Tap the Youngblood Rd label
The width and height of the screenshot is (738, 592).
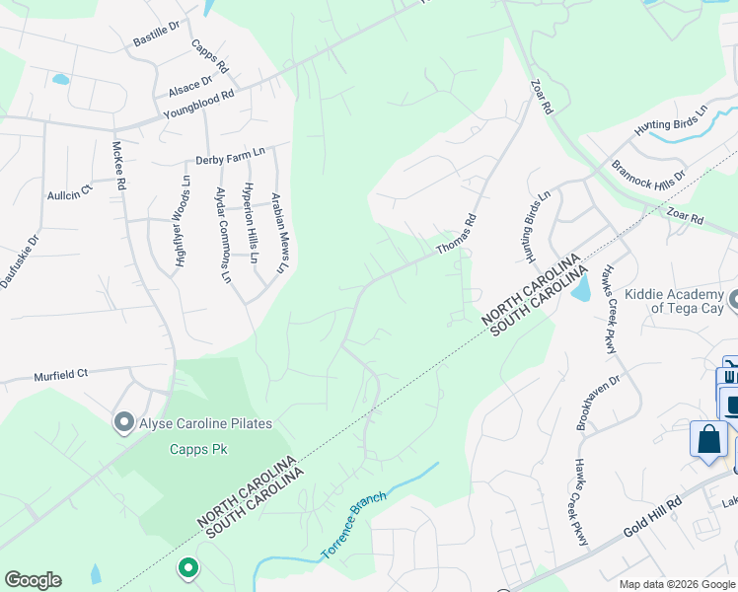point(200,103)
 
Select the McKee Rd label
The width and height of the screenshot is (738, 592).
point(118,167)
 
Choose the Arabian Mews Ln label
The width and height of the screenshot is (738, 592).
point(279,232)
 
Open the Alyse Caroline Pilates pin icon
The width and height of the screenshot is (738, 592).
point(124,423)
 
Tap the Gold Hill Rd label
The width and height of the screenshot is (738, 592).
point(653,519)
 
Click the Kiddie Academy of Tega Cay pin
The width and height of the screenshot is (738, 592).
point(732,298)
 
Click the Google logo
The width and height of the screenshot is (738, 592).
point(33,580)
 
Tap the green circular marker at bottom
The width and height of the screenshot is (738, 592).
point(187,568)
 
